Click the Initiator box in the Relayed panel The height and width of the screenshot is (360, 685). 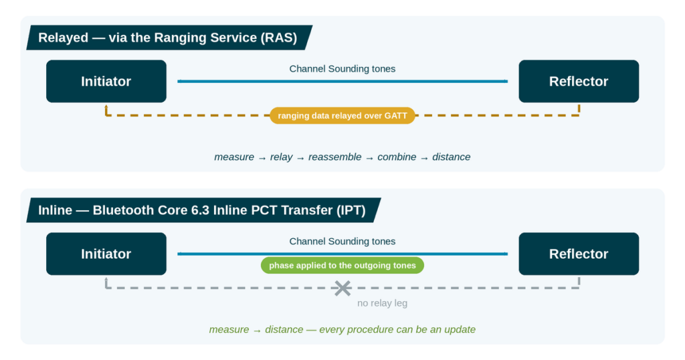[x=106, y=81]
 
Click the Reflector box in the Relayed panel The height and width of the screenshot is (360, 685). [x=579, y=81]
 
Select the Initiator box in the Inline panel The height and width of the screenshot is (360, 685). [x=106, y=254]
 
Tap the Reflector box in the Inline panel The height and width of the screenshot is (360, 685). [x=579, y=254]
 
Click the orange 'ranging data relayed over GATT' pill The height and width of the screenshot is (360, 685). [x=342, y=116]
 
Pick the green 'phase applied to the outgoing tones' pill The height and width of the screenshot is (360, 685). [x=342, y=266]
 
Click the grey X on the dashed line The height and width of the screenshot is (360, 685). [x=343, y=288]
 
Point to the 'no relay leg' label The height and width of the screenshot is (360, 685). [x=382, y=303]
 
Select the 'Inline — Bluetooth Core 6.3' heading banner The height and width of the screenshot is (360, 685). [x=203, y=210]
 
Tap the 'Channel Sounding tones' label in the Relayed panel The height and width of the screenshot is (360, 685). [x=342, y=69]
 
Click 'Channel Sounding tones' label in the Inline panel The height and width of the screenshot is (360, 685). [x=342, y=242]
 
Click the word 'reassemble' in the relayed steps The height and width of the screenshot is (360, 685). [x=335, y=157]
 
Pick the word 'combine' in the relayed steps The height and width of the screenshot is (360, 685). [x=397, y=157]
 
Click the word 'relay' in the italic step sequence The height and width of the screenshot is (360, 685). [x=282, y=157]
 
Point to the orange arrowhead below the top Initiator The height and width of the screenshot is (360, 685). [x=106, y=106]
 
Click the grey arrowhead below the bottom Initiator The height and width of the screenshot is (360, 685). [x=106, y=279]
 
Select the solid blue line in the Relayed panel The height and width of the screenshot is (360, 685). [x=342, y=81]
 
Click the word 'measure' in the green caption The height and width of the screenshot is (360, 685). [x=229, y=330]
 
